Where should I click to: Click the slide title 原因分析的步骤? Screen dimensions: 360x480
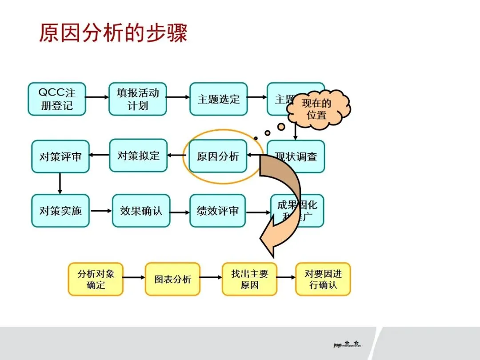coord(113,33)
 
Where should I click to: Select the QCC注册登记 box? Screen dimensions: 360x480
coord(57,99)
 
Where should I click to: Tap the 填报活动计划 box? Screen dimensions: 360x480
coord(138,99)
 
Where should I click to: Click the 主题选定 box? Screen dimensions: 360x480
coord(218,99)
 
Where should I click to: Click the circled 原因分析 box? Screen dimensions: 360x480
coord(218,156)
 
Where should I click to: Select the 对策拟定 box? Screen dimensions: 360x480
coord(138,156)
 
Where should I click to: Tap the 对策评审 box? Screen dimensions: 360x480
coord(60,156)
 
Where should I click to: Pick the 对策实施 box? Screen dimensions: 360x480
coord(60,211)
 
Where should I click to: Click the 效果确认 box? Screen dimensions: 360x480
coord(141,211)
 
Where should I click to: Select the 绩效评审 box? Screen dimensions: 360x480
coord(217,211)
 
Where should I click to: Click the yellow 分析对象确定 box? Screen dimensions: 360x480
coord(96,279)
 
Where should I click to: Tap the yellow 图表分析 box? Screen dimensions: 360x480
coord(172,279)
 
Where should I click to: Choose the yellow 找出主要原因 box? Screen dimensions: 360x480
coord(249,279)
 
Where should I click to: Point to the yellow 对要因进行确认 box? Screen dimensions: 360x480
coord(323,279)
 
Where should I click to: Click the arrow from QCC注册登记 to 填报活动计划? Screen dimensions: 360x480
coord(97,96)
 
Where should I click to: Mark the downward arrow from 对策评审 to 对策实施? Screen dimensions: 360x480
coord(60,184)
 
